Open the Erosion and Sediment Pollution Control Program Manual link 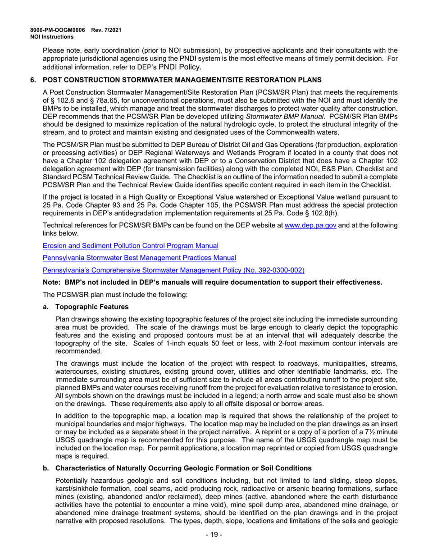131,246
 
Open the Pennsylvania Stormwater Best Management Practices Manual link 139,258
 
